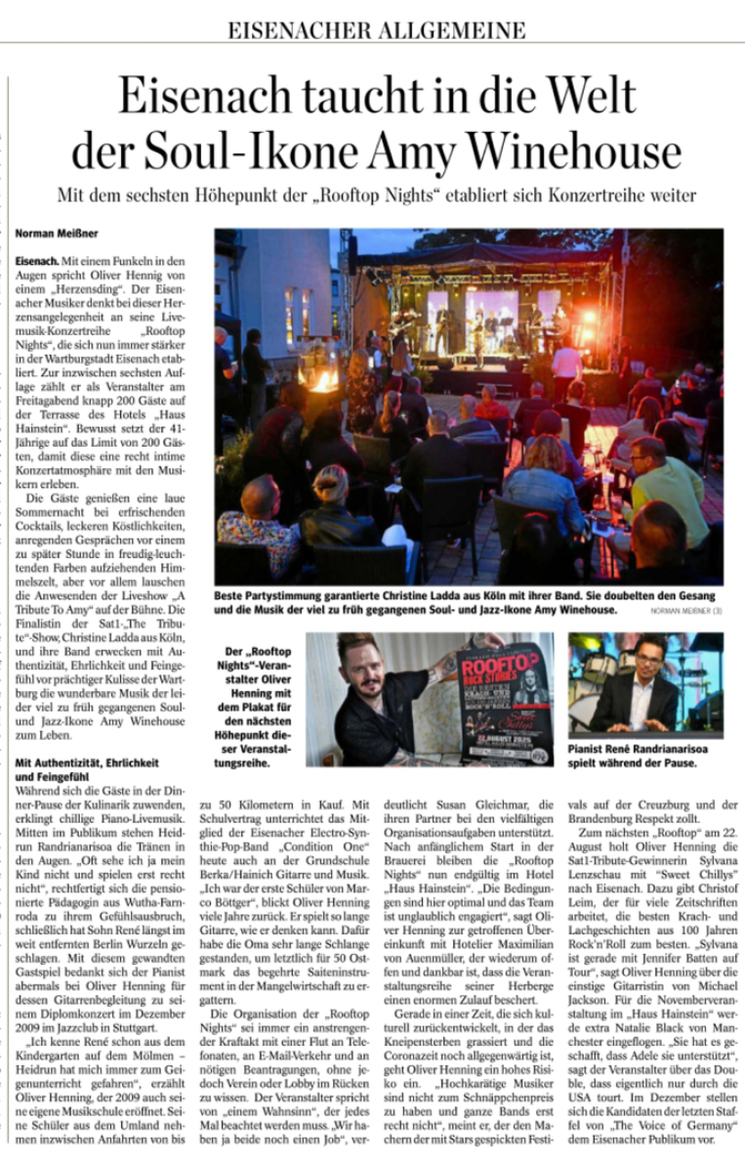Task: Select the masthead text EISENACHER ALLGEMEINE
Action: point(377,30)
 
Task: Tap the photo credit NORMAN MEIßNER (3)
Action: point(685,611)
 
